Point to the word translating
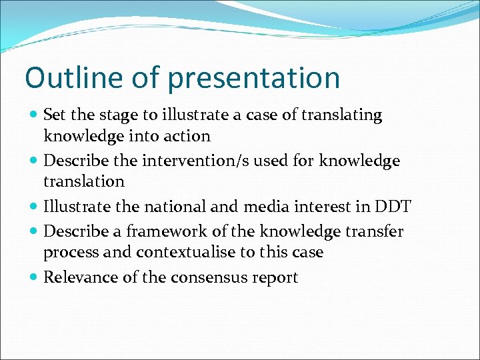point(341,115)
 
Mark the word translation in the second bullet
point(84,181)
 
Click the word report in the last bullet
point(274,278)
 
